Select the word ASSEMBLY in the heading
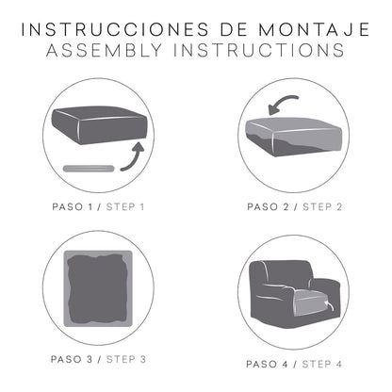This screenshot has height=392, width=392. [x=101, y=50]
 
